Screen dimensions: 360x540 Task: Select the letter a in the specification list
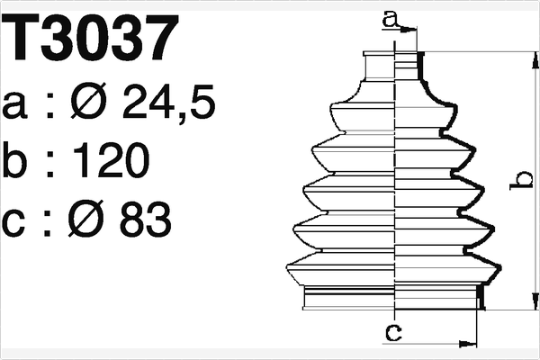pos(20,106)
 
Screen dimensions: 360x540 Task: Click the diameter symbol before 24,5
pos(100,105)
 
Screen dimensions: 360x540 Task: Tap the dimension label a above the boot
pos(389,17)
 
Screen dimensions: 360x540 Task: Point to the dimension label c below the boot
pos(392,334)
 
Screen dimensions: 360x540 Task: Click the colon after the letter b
pos(52,163)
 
